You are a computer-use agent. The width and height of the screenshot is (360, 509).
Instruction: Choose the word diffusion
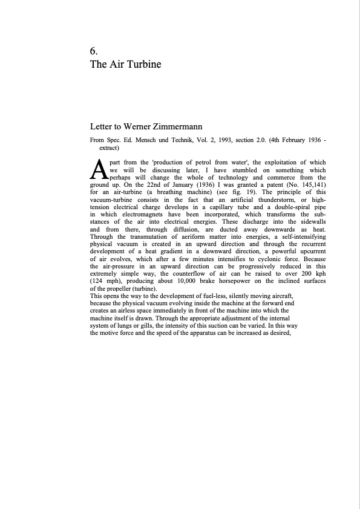[x=173, y=229]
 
